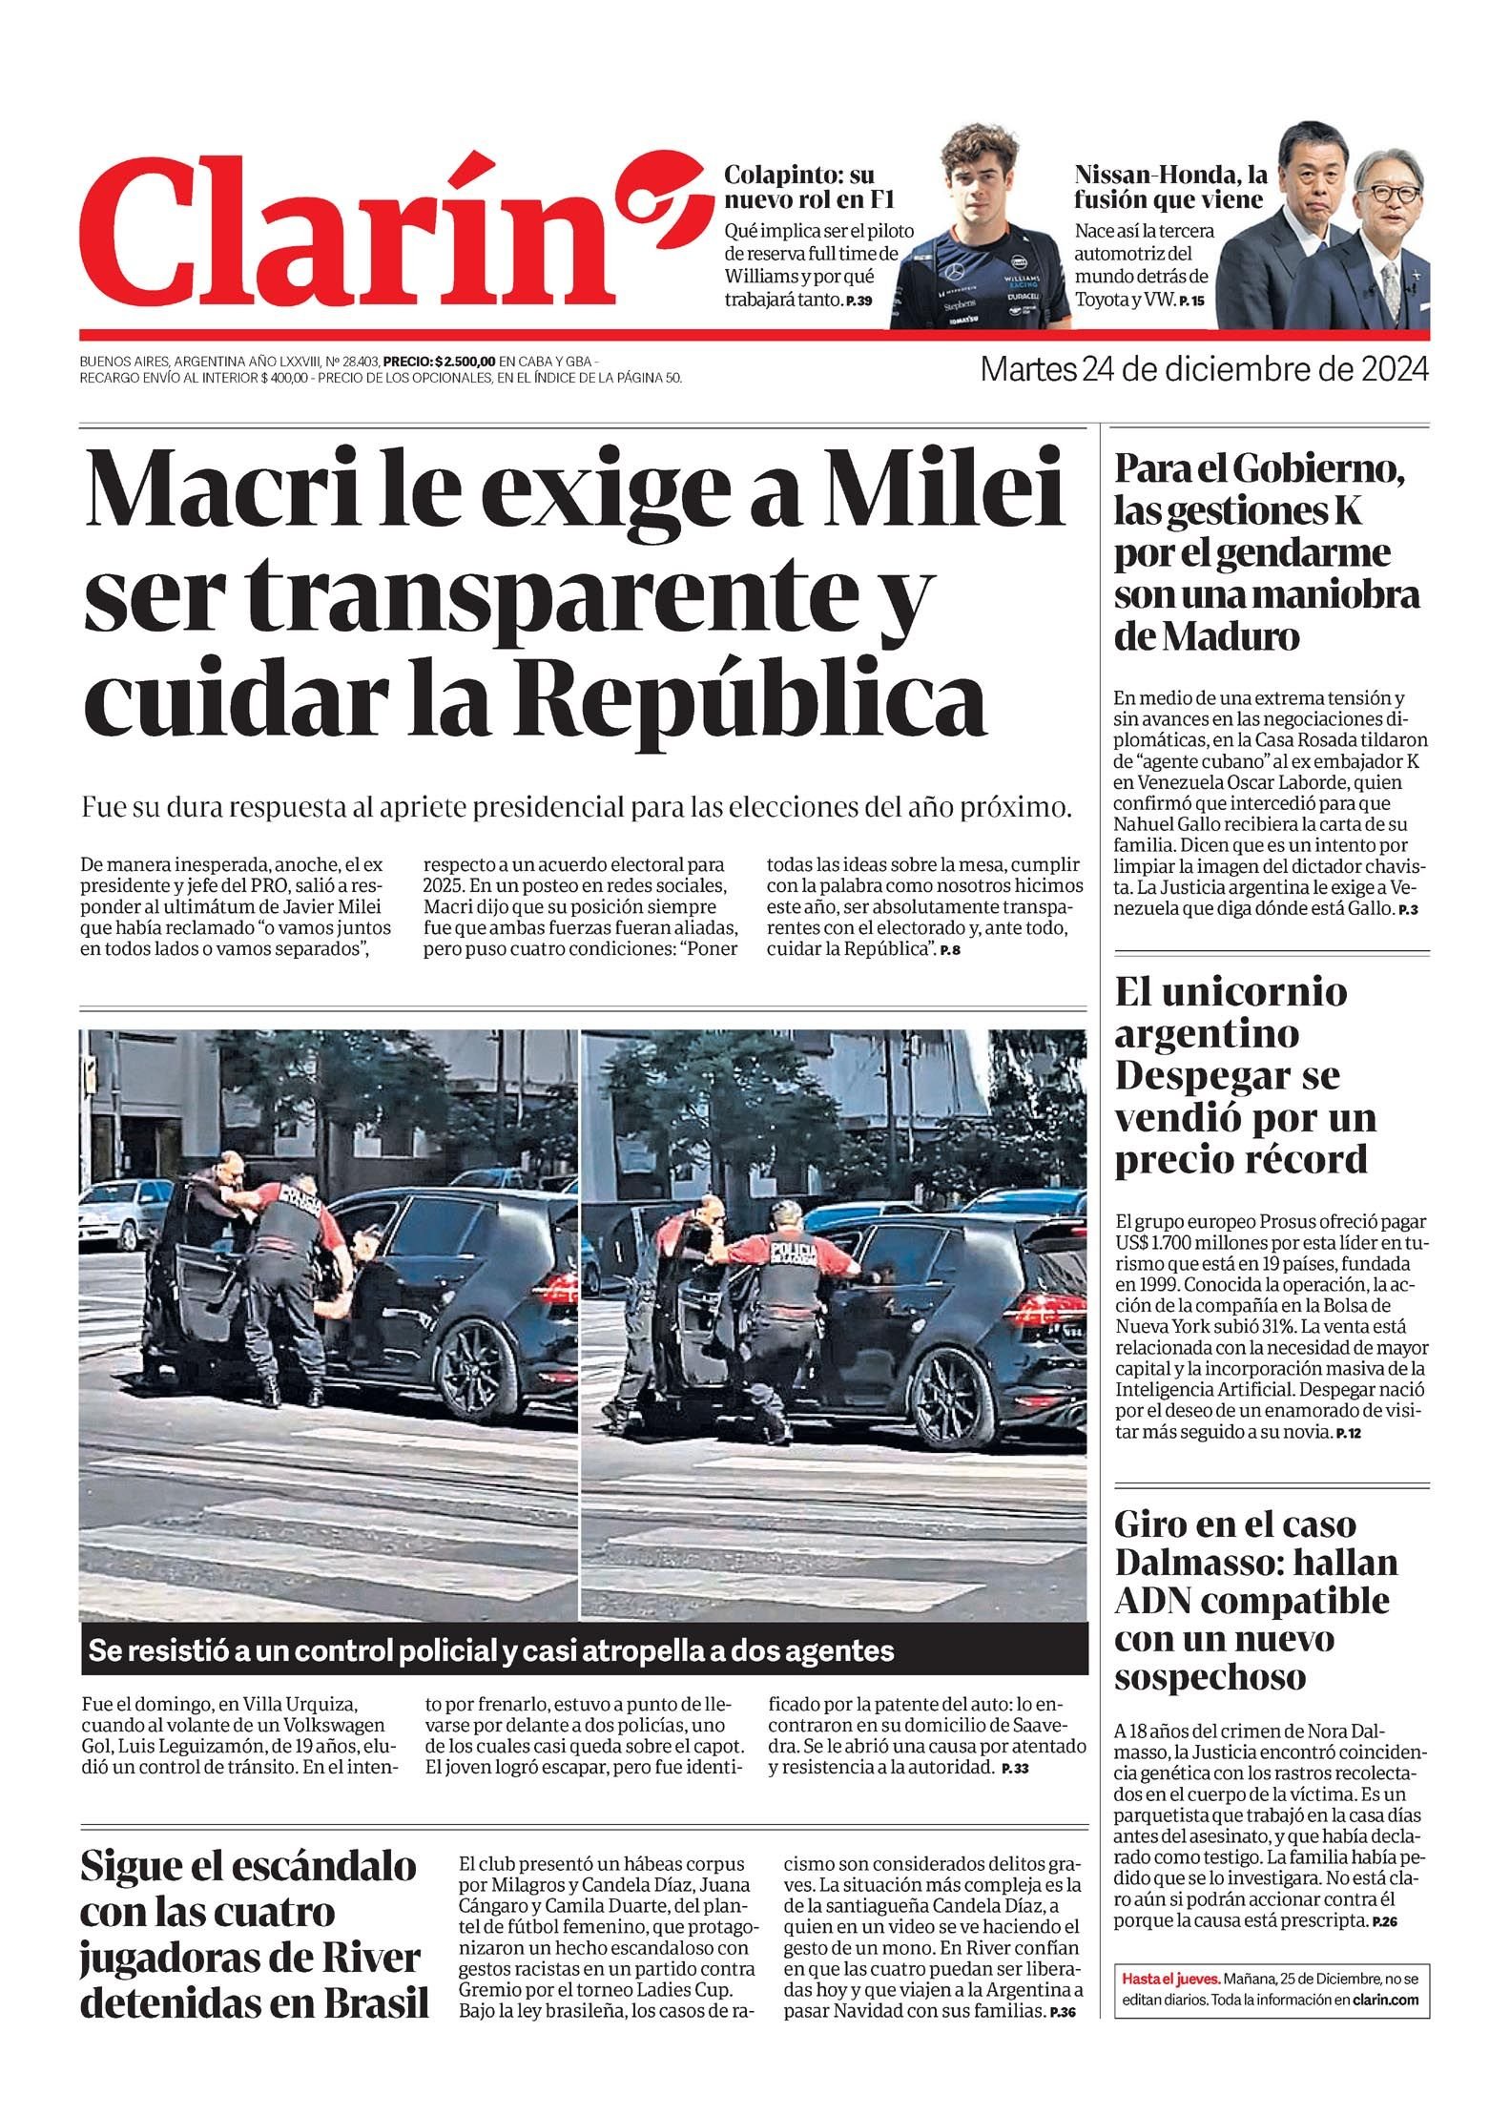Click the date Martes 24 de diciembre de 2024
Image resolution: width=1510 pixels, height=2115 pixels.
click(x=1204, y=370)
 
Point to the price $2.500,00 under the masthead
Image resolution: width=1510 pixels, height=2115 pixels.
click(x=465, y=362)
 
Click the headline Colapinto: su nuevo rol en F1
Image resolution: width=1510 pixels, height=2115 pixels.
click(x=799, y=187)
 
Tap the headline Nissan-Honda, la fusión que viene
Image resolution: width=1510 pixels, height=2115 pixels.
click(x=1170, y=187)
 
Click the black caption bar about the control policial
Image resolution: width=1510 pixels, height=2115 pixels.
click(x=583, y=1650)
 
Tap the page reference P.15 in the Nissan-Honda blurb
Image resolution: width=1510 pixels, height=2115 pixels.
click(x=1191, y=301)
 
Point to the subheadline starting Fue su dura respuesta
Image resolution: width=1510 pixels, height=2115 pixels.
click(x=576, y=808)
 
